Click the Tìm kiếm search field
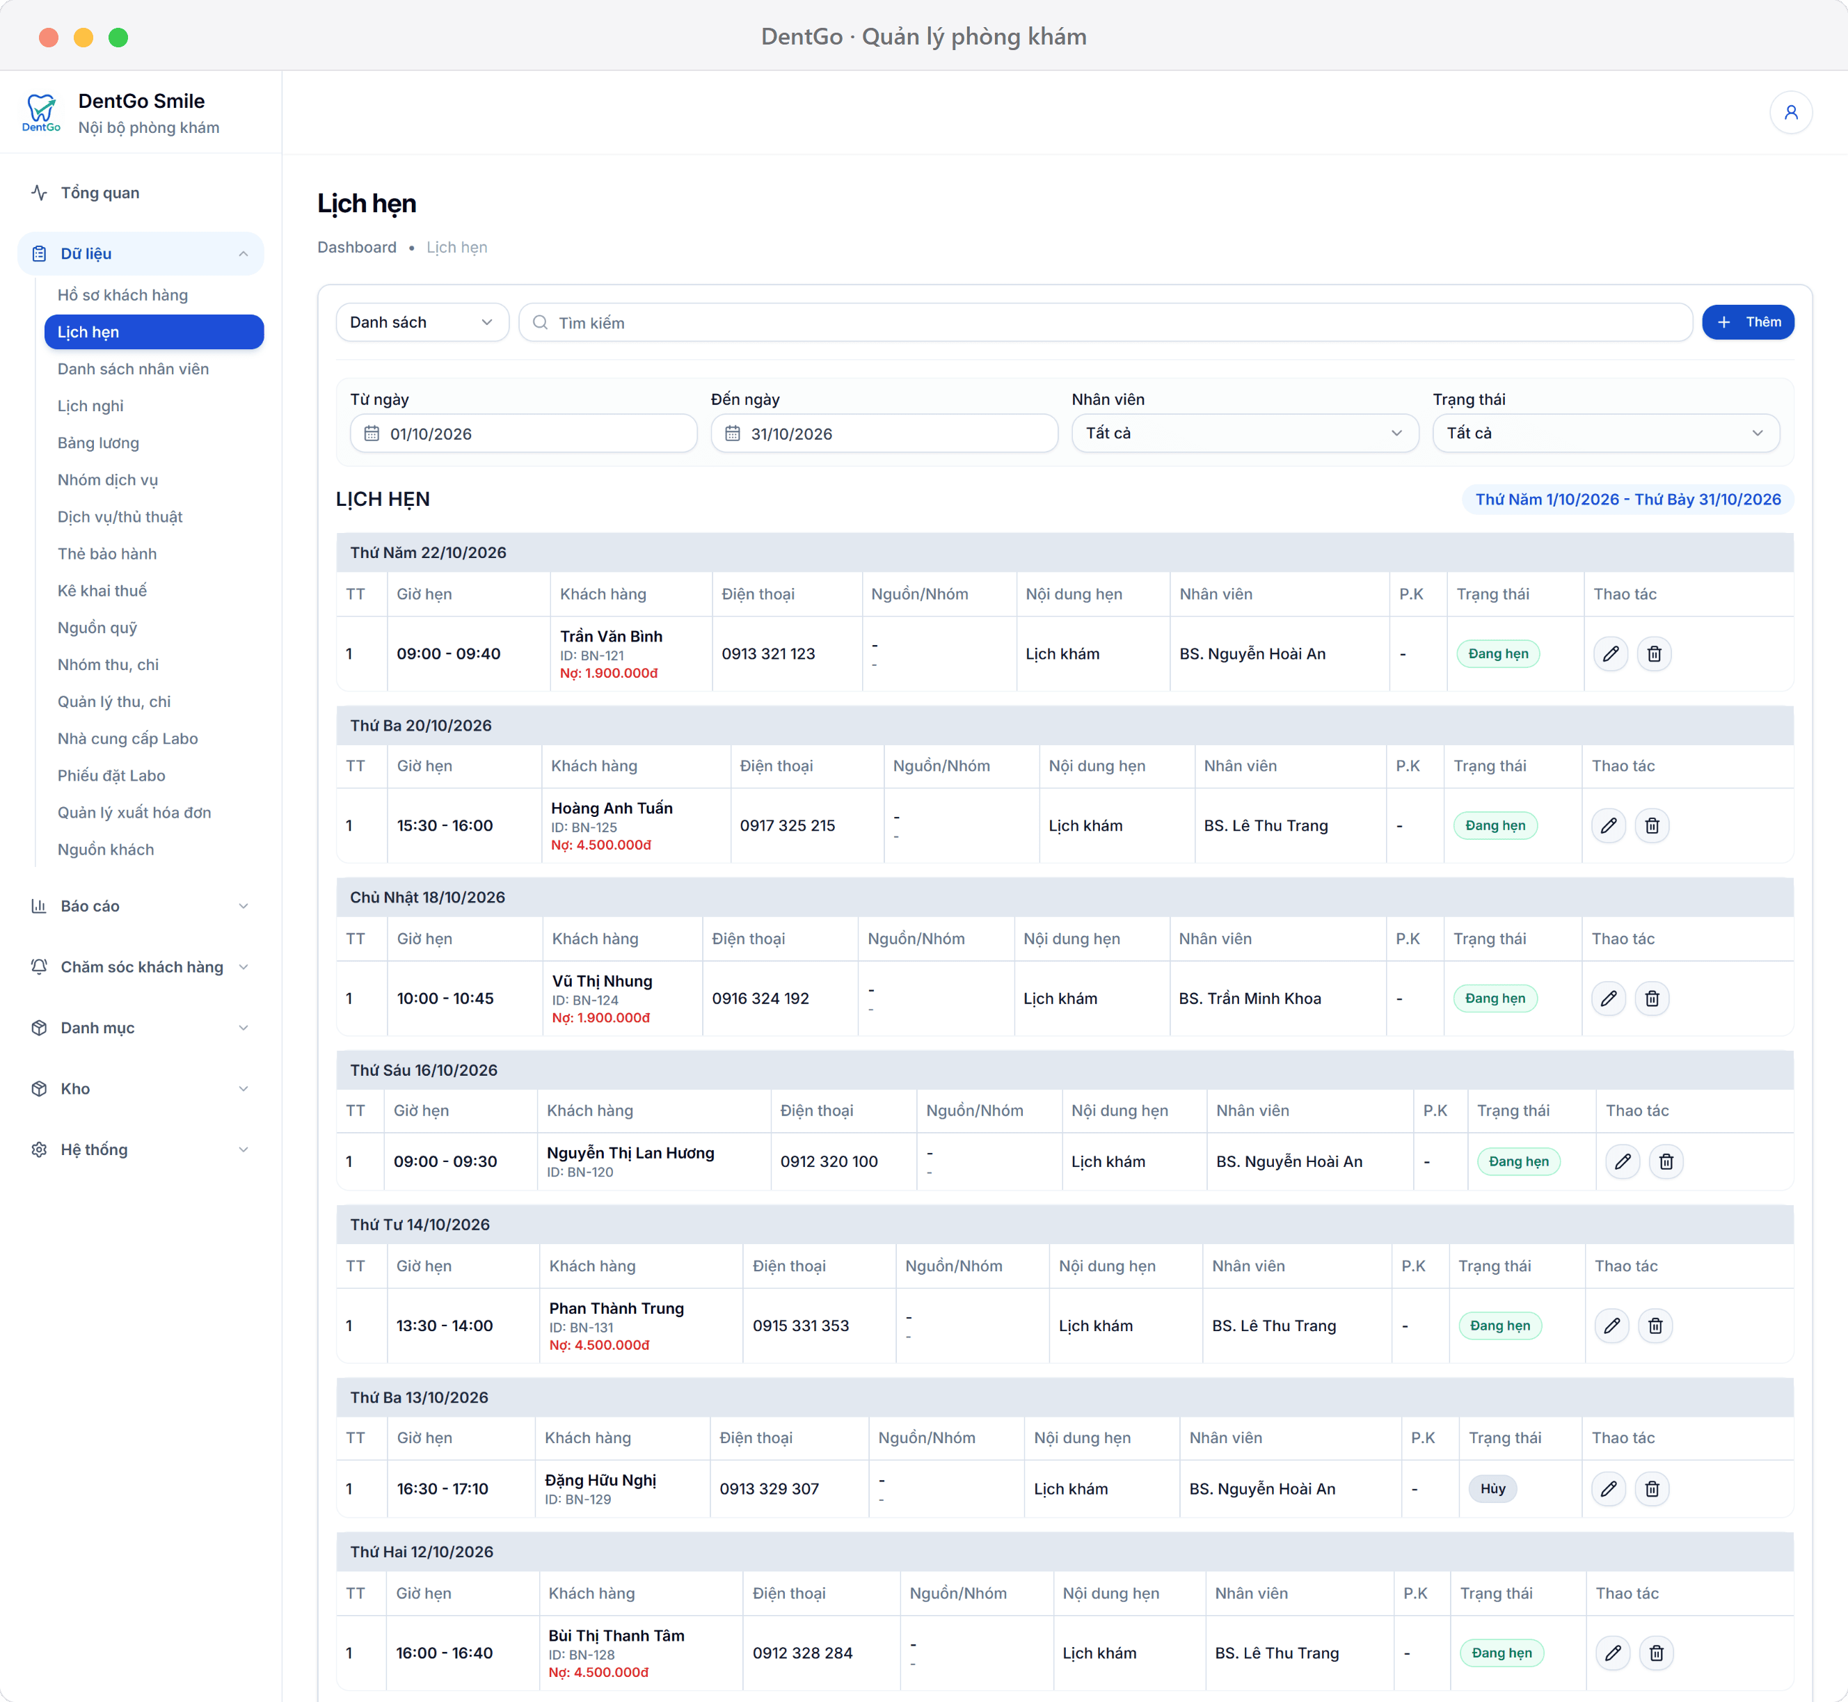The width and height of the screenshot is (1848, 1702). click(1105, 322)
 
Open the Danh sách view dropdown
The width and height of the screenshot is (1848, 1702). click(422, 322)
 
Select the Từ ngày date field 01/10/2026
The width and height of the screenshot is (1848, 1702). click(523, 434)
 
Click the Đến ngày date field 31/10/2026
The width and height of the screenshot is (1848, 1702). click(884, 434)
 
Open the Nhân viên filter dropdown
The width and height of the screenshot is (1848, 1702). click(1245, 434)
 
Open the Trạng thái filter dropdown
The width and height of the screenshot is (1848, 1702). click(1606, 434)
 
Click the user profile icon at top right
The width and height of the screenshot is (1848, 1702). click(1791, 112)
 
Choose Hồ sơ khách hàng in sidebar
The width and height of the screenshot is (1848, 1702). click(122, 295)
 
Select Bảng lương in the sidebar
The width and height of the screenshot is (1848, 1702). click(99, 443)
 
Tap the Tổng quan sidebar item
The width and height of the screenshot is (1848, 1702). click(99, 193)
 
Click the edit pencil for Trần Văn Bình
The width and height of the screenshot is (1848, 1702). click(1611, 654)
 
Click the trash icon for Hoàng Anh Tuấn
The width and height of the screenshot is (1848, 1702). click(1652, 826)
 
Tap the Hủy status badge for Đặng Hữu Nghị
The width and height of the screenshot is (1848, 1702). click(1492, 1489)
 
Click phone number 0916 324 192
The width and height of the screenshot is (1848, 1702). click(760, 999)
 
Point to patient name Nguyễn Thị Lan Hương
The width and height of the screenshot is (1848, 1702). click(631, 1153)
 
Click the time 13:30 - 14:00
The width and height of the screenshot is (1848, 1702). click(445, 1326)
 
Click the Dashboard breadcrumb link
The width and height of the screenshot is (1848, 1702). click(357, 248)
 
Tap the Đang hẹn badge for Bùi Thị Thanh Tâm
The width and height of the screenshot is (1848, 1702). click(1501, 1653)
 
